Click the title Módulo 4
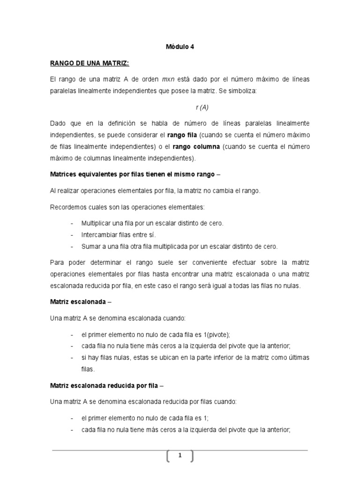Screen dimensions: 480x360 (180, 47)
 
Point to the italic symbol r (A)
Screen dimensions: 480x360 (202, 107)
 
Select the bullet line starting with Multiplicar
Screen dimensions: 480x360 (152, 223)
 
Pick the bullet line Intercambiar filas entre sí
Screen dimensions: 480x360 (118, 234)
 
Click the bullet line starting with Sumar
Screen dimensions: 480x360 (180, 246)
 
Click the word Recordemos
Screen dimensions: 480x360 (67, 207)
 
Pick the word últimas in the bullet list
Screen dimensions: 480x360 (299, 358)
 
